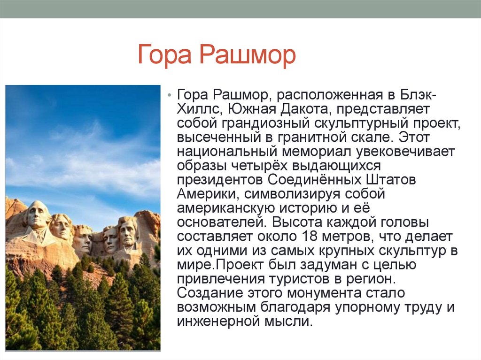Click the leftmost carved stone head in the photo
pyautogui.click(x=38, y=215)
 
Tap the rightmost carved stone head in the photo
pyautogui.click(x=128, y=232)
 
